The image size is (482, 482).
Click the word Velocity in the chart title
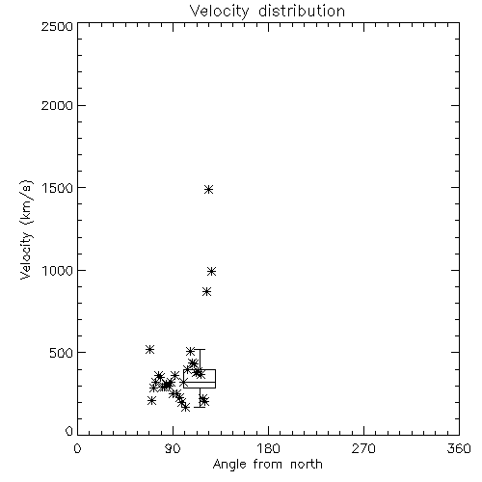click(x=219, y=12)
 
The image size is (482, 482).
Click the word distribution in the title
click(x=302, y=11)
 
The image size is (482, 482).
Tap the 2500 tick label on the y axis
click(x=57, y=26)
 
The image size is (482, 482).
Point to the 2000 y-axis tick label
click(x=57, y=105)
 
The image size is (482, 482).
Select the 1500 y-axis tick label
click(x=58, y=188)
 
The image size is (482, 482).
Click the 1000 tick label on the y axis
click(x=58, y=271)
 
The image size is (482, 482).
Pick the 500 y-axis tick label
click(x=62, y=353)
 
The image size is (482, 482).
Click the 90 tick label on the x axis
click(x=173, y=448)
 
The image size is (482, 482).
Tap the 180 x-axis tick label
click(x=268, y=448)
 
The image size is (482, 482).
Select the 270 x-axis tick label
click(x=363, y=448)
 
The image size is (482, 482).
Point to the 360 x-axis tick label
click(x=459, y=448)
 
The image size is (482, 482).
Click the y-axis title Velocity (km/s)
click(x=26, y=229)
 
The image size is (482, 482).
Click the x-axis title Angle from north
click(x=268, y=465)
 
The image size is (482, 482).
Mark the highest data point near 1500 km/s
click(x=209, y=189)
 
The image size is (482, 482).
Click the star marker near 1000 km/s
click(x=211, y=271)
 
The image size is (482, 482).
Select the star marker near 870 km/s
click(x=207, y=292)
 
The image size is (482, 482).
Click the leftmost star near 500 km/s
click(x=149, y=349)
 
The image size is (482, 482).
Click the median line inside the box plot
click(x=200, y=382)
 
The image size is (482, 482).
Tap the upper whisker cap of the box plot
click(x=200, y=349)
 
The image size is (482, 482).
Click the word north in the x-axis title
click(x=307, y=464)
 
